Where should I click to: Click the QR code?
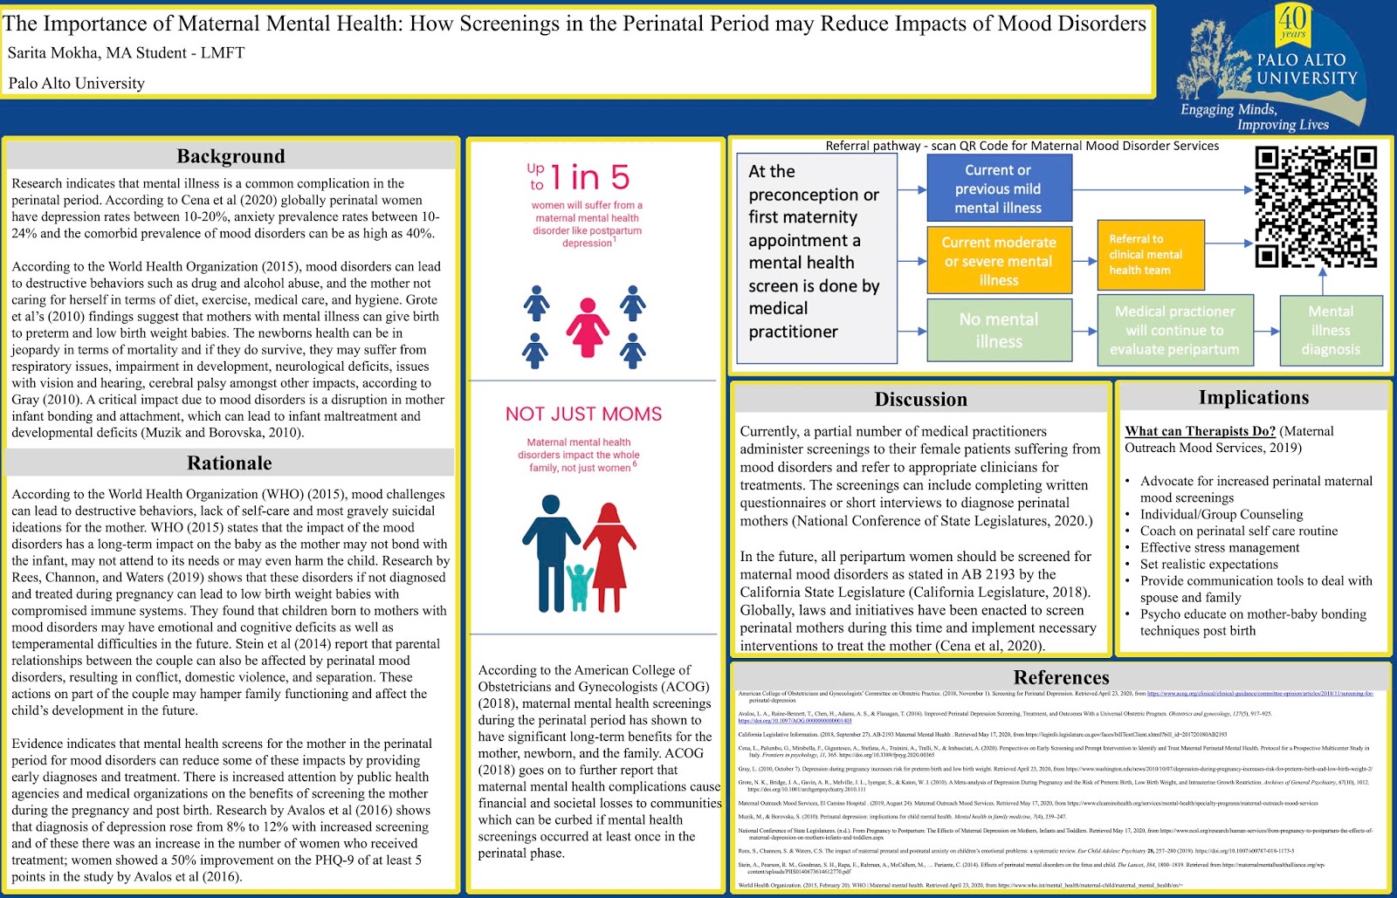[1316, 206]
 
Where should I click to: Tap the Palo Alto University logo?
[1274, 67]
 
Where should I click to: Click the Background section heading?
[231, 156]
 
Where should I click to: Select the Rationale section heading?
[230, 463]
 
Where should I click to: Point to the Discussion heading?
[920, 399]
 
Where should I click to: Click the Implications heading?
[1253, 397]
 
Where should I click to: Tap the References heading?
[1061, 677]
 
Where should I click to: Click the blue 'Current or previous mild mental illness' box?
[998, 189]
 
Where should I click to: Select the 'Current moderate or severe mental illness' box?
[998, 261]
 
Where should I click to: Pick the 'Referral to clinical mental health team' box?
[1150, 255]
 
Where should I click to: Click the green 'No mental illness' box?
[998, 330]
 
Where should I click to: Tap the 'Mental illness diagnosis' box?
[1331, 330]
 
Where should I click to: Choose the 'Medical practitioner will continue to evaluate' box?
[1174, 330]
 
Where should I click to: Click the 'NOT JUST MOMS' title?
[583, 414]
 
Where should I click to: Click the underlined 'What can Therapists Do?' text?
[1200, 431]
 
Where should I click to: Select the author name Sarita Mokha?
[52, 53]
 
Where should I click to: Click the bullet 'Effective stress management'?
[1220, 547]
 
